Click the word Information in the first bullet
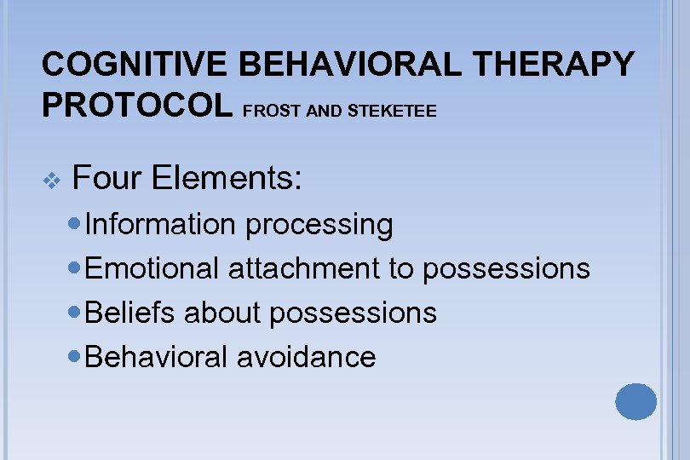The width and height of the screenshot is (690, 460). [x=160, y=224]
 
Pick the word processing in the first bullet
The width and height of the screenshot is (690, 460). [x=318, y=224]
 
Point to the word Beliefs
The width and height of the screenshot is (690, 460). [x=131, y=313]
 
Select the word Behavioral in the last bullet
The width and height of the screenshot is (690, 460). [x=158, y=356]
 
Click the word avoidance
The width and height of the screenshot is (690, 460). [x=306, y=356]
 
